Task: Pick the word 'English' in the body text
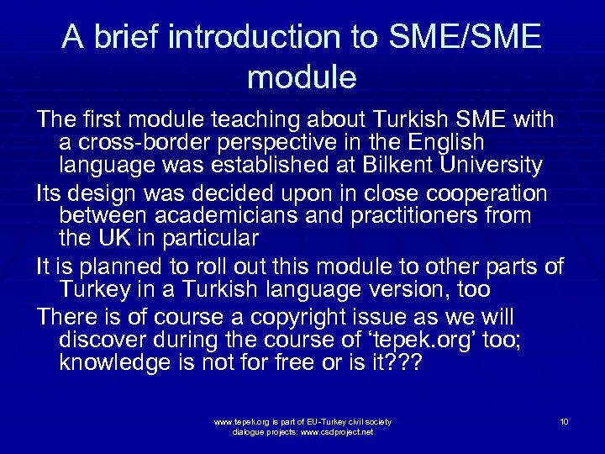pos(441,143)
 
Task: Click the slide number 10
pos(564,421)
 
